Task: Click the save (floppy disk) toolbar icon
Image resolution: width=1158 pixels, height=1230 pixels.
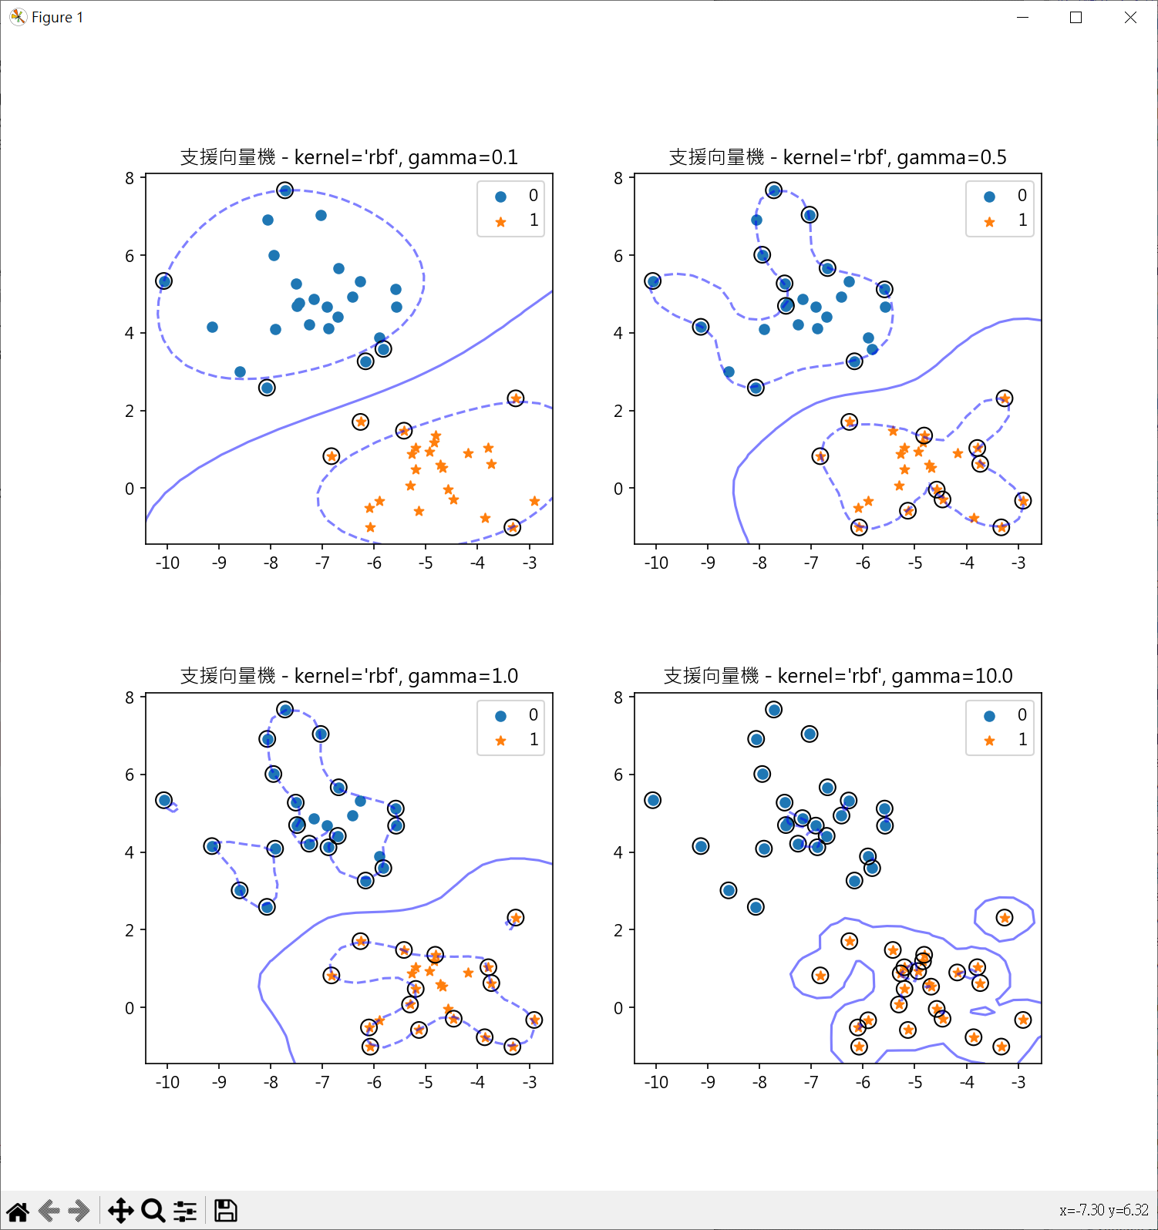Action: pos(225,1210)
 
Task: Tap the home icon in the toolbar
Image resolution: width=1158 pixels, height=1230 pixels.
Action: pos(18,1211)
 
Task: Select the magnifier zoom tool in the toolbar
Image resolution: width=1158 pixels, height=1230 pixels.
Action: pos(153,1210)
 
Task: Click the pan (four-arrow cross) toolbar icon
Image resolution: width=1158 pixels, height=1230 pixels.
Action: pos(120,1210)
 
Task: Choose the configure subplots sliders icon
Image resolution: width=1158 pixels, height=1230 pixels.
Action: pos(185,1211)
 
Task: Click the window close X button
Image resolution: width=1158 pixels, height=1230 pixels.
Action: pos(1130,18)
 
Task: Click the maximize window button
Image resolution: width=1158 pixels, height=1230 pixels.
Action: pos(1076,18)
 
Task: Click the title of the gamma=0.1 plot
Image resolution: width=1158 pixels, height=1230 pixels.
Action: pos(348,157)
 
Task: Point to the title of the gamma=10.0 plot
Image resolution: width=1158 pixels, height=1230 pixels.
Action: pos(837,676)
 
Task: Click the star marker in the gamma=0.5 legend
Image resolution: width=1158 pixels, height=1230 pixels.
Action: pos(989,222)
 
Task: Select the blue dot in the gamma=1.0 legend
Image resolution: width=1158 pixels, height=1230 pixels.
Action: pos(500,716)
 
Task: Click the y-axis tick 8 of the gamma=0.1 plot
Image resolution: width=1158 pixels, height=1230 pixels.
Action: pos(130,178)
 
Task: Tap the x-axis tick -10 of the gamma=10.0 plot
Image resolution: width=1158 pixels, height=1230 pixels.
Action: pos(656,1082)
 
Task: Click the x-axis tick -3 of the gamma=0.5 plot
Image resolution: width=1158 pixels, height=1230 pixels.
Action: pos(1018,563)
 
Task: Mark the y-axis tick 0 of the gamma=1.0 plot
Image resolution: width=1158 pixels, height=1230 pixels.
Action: pos(130,1008)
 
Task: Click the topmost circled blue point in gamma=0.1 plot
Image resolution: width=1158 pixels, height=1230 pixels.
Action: pos(284,190)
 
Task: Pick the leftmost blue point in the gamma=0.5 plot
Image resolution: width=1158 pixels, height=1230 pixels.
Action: pos(653,281)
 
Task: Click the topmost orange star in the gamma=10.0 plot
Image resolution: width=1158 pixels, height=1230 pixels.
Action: pos(1004,918)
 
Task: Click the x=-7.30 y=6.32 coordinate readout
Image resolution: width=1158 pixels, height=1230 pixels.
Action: pos(1103,1210)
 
